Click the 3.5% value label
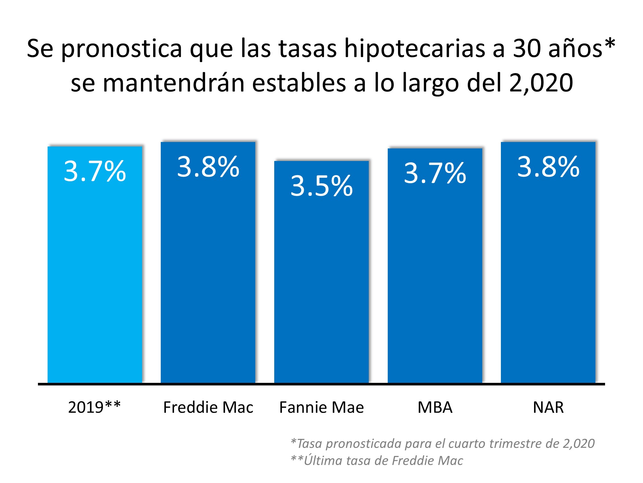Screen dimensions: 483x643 coord(321,186)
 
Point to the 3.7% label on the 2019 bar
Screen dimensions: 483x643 coord(95,171)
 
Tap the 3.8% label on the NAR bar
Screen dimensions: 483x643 coord(548,166)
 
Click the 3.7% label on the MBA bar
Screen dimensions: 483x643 coord(435,173)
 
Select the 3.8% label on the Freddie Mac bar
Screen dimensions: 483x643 coord(208,166)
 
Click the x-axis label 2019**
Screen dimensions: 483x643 coord(94,407)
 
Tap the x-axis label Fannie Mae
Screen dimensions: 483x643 coord(321,407)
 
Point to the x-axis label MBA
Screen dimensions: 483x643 coord(435,407)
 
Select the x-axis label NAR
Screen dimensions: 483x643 coord(548,407)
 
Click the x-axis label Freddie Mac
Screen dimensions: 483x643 coord(208,407)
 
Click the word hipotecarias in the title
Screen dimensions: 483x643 coord(415,49)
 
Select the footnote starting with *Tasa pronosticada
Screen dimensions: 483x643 coord(442,444)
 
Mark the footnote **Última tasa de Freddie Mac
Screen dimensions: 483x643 coord(377,461)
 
